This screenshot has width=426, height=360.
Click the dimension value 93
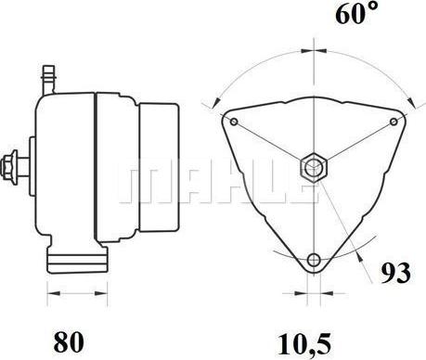coord(395,273)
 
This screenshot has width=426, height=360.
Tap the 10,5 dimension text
coord(304,344)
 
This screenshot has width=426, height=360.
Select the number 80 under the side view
coord(69,342)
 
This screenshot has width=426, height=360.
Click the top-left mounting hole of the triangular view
coord(234,122)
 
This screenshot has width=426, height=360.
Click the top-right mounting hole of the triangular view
coord(394,122)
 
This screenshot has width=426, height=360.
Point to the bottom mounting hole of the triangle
coord(315,259)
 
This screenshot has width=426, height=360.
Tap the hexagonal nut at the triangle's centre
coord(314,168)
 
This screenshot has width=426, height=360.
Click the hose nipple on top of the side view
coord(48,80)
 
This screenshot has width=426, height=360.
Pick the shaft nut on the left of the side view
coord(9,168)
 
